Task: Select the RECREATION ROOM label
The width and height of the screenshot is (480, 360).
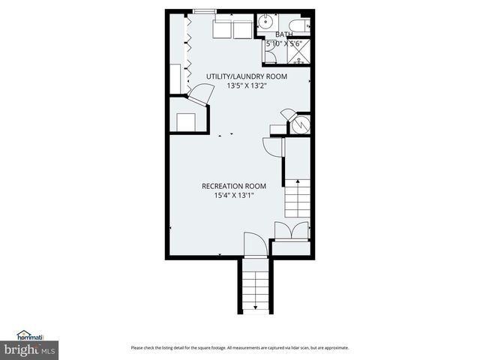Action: [x=234, y=186]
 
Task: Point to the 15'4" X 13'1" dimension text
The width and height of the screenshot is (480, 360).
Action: [x=234, y=196]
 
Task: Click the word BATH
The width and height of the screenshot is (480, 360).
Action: [x=284, y=35]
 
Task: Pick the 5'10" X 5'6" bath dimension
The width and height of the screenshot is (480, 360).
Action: [x=283, y=44]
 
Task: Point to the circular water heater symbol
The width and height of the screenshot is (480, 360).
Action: [x=301, y=124]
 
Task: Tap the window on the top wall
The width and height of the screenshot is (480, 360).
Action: [x=204, y=11]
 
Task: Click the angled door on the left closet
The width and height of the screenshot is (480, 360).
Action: [x=199, y=94]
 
